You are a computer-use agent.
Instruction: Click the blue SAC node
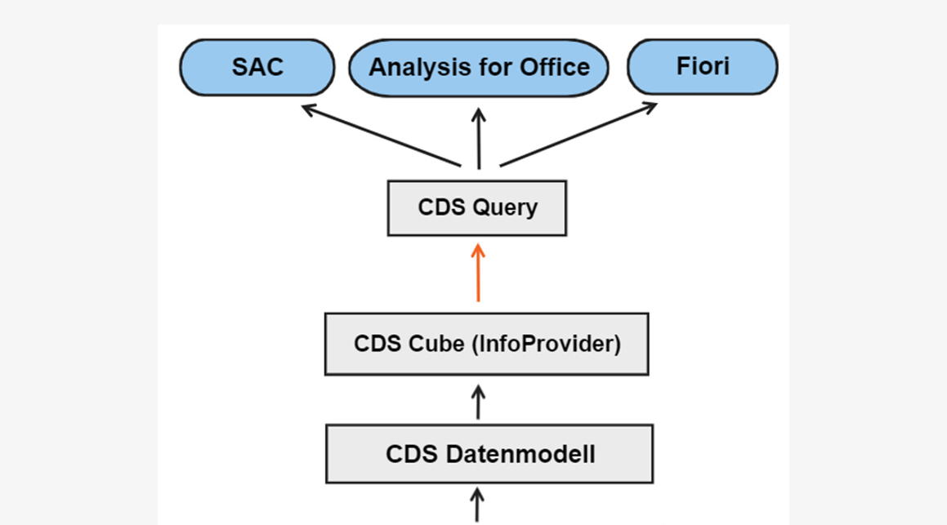pos(257,68)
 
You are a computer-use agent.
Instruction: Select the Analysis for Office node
pos(479,68)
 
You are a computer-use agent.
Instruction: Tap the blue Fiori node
pos(703,66)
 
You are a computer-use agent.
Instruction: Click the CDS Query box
pos(477,208)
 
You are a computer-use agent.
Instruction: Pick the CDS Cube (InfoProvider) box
pos(487,344)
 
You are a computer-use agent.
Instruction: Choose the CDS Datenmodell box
pos(489,454)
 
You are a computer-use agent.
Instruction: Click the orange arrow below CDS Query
pos(478,273)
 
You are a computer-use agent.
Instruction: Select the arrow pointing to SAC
pos(382,136)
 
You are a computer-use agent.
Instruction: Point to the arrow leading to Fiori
pos(578,134)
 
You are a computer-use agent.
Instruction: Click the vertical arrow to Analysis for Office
pos(479,139)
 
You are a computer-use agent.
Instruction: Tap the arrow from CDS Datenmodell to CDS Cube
pos(478,403)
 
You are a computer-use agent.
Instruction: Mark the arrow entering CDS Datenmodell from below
pos(477,505)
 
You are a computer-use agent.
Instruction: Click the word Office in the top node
pos(555,67)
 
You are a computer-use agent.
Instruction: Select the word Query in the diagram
pos(505,208)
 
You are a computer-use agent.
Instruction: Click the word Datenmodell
pos(520,454)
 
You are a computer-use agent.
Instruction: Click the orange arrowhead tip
pos(478,244)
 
